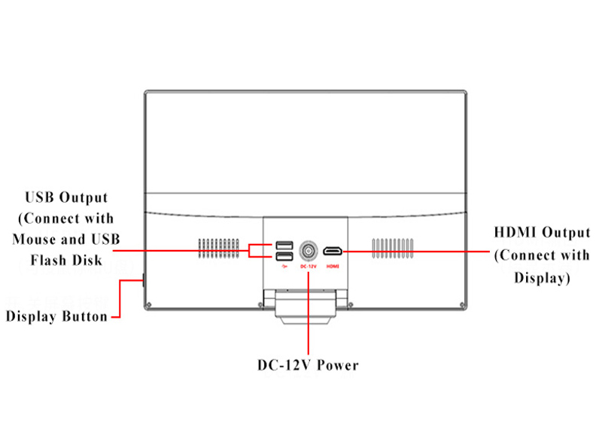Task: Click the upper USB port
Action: (x=284, y=245)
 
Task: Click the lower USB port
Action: (x=284, y=256)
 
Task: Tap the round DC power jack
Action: (x=309, y=251)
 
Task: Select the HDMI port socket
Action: (x=333, y=251)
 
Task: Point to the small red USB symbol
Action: (x=284, y=267)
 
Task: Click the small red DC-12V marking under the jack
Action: (x=309, y=267)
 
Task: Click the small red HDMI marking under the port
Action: (x=333, y=267)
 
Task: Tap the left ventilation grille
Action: (x=218, y=248)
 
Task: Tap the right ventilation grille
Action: (x=393, y=248)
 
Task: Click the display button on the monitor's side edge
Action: (x=143, y=279)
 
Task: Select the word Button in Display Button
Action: (x=85, y=316)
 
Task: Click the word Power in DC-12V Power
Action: (x=337, y=365)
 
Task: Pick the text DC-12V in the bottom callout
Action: (x=284, y=365)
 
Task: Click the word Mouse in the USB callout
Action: (x=34, y=239)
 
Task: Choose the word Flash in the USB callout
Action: (x=48, y=260)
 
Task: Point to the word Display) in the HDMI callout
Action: (x=542, y=278)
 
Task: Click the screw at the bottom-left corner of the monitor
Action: (x=149, y=305)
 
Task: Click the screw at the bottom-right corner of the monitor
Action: (x=462, y=305)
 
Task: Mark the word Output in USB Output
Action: (x=83, y=197)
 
